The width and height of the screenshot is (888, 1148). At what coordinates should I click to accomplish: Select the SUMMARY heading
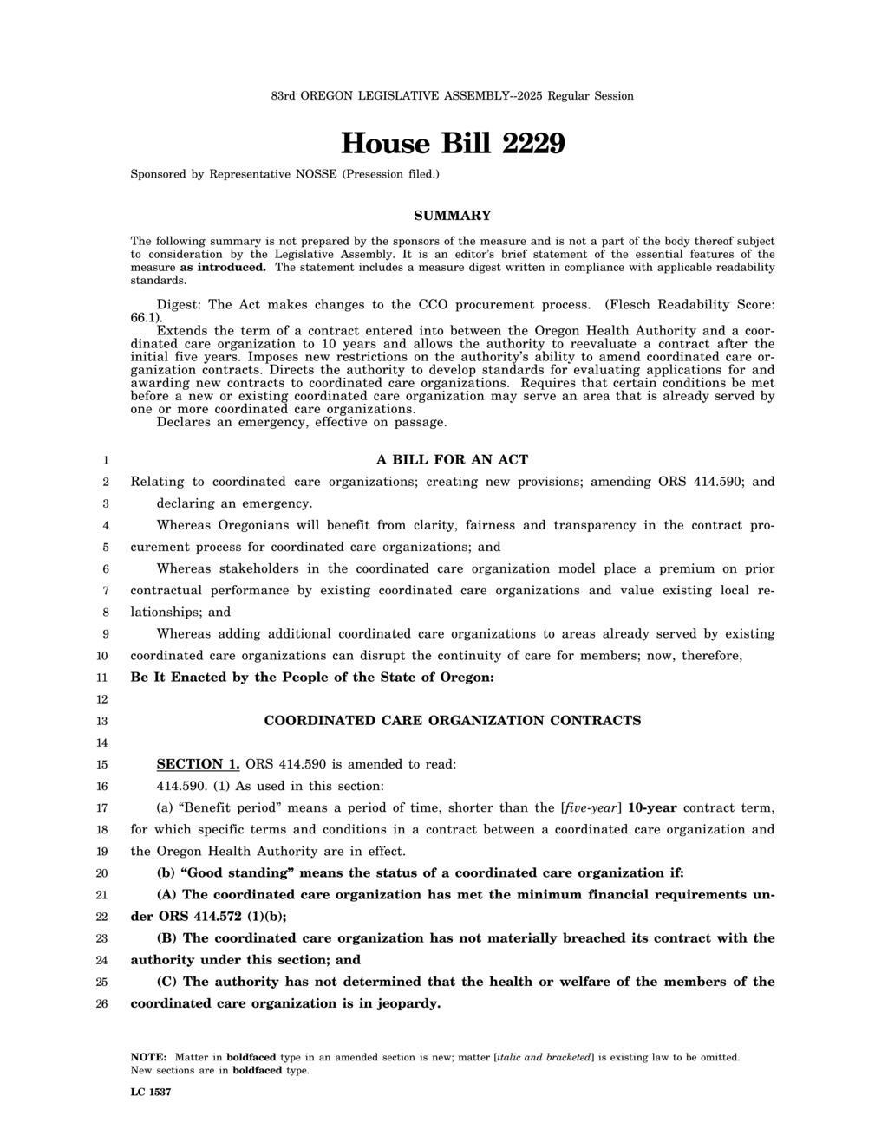pos(452,216)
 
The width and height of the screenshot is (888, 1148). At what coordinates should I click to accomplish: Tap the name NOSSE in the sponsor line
pos(317,174)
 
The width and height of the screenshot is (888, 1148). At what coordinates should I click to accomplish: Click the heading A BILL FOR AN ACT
pos(452,460)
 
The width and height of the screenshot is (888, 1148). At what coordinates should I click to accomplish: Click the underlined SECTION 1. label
pos(198,764)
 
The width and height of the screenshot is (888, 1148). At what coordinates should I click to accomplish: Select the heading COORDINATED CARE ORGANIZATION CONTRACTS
pos(452,721)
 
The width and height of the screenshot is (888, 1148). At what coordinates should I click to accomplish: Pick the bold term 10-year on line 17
pos(652,808)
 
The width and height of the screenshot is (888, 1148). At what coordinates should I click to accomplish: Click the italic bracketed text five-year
pos(591,808)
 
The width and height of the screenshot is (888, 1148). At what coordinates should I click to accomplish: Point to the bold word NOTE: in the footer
pos(148,1057)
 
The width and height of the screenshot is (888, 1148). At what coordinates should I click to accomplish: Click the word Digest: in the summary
pos(180,305)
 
